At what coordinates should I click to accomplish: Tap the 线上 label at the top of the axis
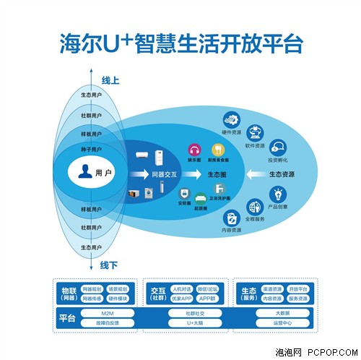click(109, 80)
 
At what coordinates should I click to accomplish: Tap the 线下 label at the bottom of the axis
click(109, 265)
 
